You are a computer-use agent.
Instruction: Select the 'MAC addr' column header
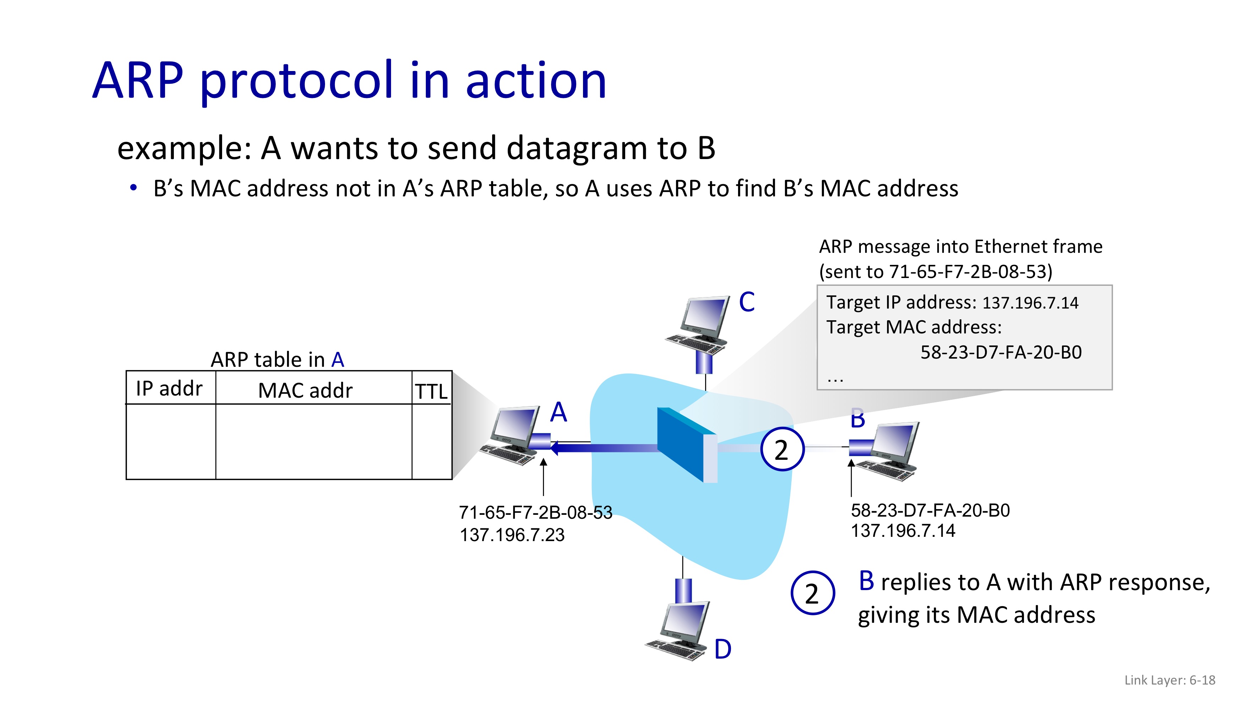click(x=305, y=391)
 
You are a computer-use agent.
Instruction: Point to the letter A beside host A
click(x=559, y=412)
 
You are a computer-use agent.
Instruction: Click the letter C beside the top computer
click(x=747, y=302)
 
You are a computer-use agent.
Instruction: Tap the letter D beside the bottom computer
click(x=722, y=649)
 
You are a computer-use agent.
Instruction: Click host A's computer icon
click(x=512, y=435)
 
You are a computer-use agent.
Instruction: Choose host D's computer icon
click(x=679, y=631)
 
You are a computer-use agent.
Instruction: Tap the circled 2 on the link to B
click(x=782, y=449)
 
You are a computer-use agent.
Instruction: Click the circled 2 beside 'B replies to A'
click(x=812, y=593)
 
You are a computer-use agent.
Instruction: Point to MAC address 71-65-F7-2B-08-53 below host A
click(x=535, y=512)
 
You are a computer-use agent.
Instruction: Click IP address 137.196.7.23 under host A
click(x=512, y=535)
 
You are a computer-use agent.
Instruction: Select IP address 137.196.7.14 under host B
click(x=903, y=531)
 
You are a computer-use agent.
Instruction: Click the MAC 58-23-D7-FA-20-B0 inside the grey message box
click(x=1001, y=352)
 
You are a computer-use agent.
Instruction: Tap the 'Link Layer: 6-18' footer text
click(x=1170, y=680)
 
